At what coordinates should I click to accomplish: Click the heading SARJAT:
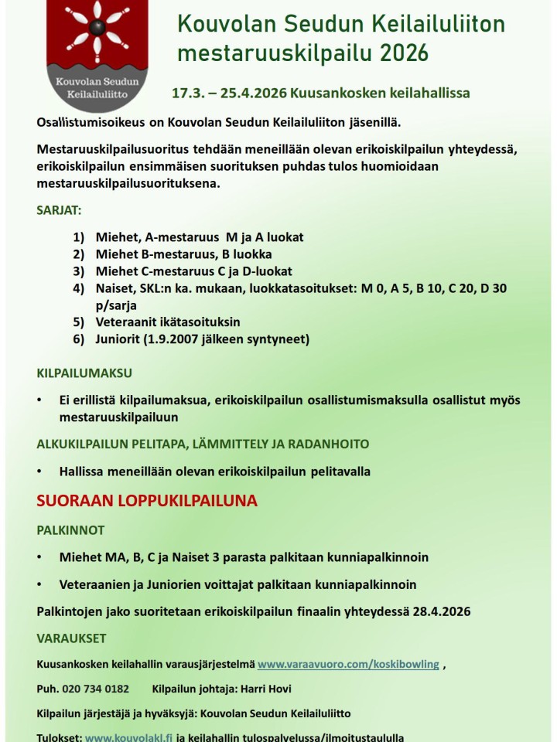point(59,209)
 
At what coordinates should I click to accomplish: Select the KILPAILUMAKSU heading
point(84,373)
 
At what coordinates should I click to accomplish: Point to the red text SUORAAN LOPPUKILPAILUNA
point(147,501)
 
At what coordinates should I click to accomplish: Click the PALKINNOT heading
point(70,530)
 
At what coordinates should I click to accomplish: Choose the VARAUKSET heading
point(71,638)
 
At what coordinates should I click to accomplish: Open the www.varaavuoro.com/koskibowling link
point(348,664)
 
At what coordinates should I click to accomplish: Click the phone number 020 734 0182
point(96,689)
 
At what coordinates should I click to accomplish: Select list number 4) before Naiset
point(78,288)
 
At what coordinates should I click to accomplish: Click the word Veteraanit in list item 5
point(128,322)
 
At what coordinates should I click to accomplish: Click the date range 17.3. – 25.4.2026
point(228,94)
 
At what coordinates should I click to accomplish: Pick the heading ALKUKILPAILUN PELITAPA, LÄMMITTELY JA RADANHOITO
point(203,444)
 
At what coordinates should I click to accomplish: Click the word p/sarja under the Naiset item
point(116,305)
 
